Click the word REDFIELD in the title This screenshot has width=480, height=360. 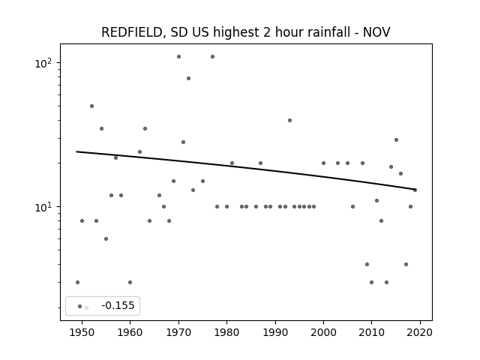point(131,32)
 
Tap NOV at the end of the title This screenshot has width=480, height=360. point(376,32)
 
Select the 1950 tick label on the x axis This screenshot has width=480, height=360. point(82,332)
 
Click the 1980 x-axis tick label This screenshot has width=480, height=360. point(226,332)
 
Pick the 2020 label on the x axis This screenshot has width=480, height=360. point(420,332)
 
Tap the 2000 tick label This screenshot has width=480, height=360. point(323,332)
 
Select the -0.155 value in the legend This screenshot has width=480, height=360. point(118,305)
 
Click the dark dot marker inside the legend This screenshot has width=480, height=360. point(80,307)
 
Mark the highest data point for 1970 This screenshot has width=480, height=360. point(178,57)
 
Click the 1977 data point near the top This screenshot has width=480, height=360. point(212,57)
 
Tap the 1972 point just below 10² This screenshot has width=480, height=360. point(188,78)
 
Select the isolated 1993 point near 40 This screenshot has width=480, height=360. point(290,120)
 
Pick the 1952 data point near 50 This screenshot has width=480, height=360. point(91,106)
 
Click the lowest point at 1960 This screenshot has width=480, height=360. point(130,282)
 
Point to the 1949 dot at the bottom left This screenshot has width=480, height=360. point(77,282)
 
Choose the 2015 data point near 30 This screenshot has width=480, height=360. point(397,140)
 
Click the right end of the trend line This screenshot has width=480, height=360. point(415,189)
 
